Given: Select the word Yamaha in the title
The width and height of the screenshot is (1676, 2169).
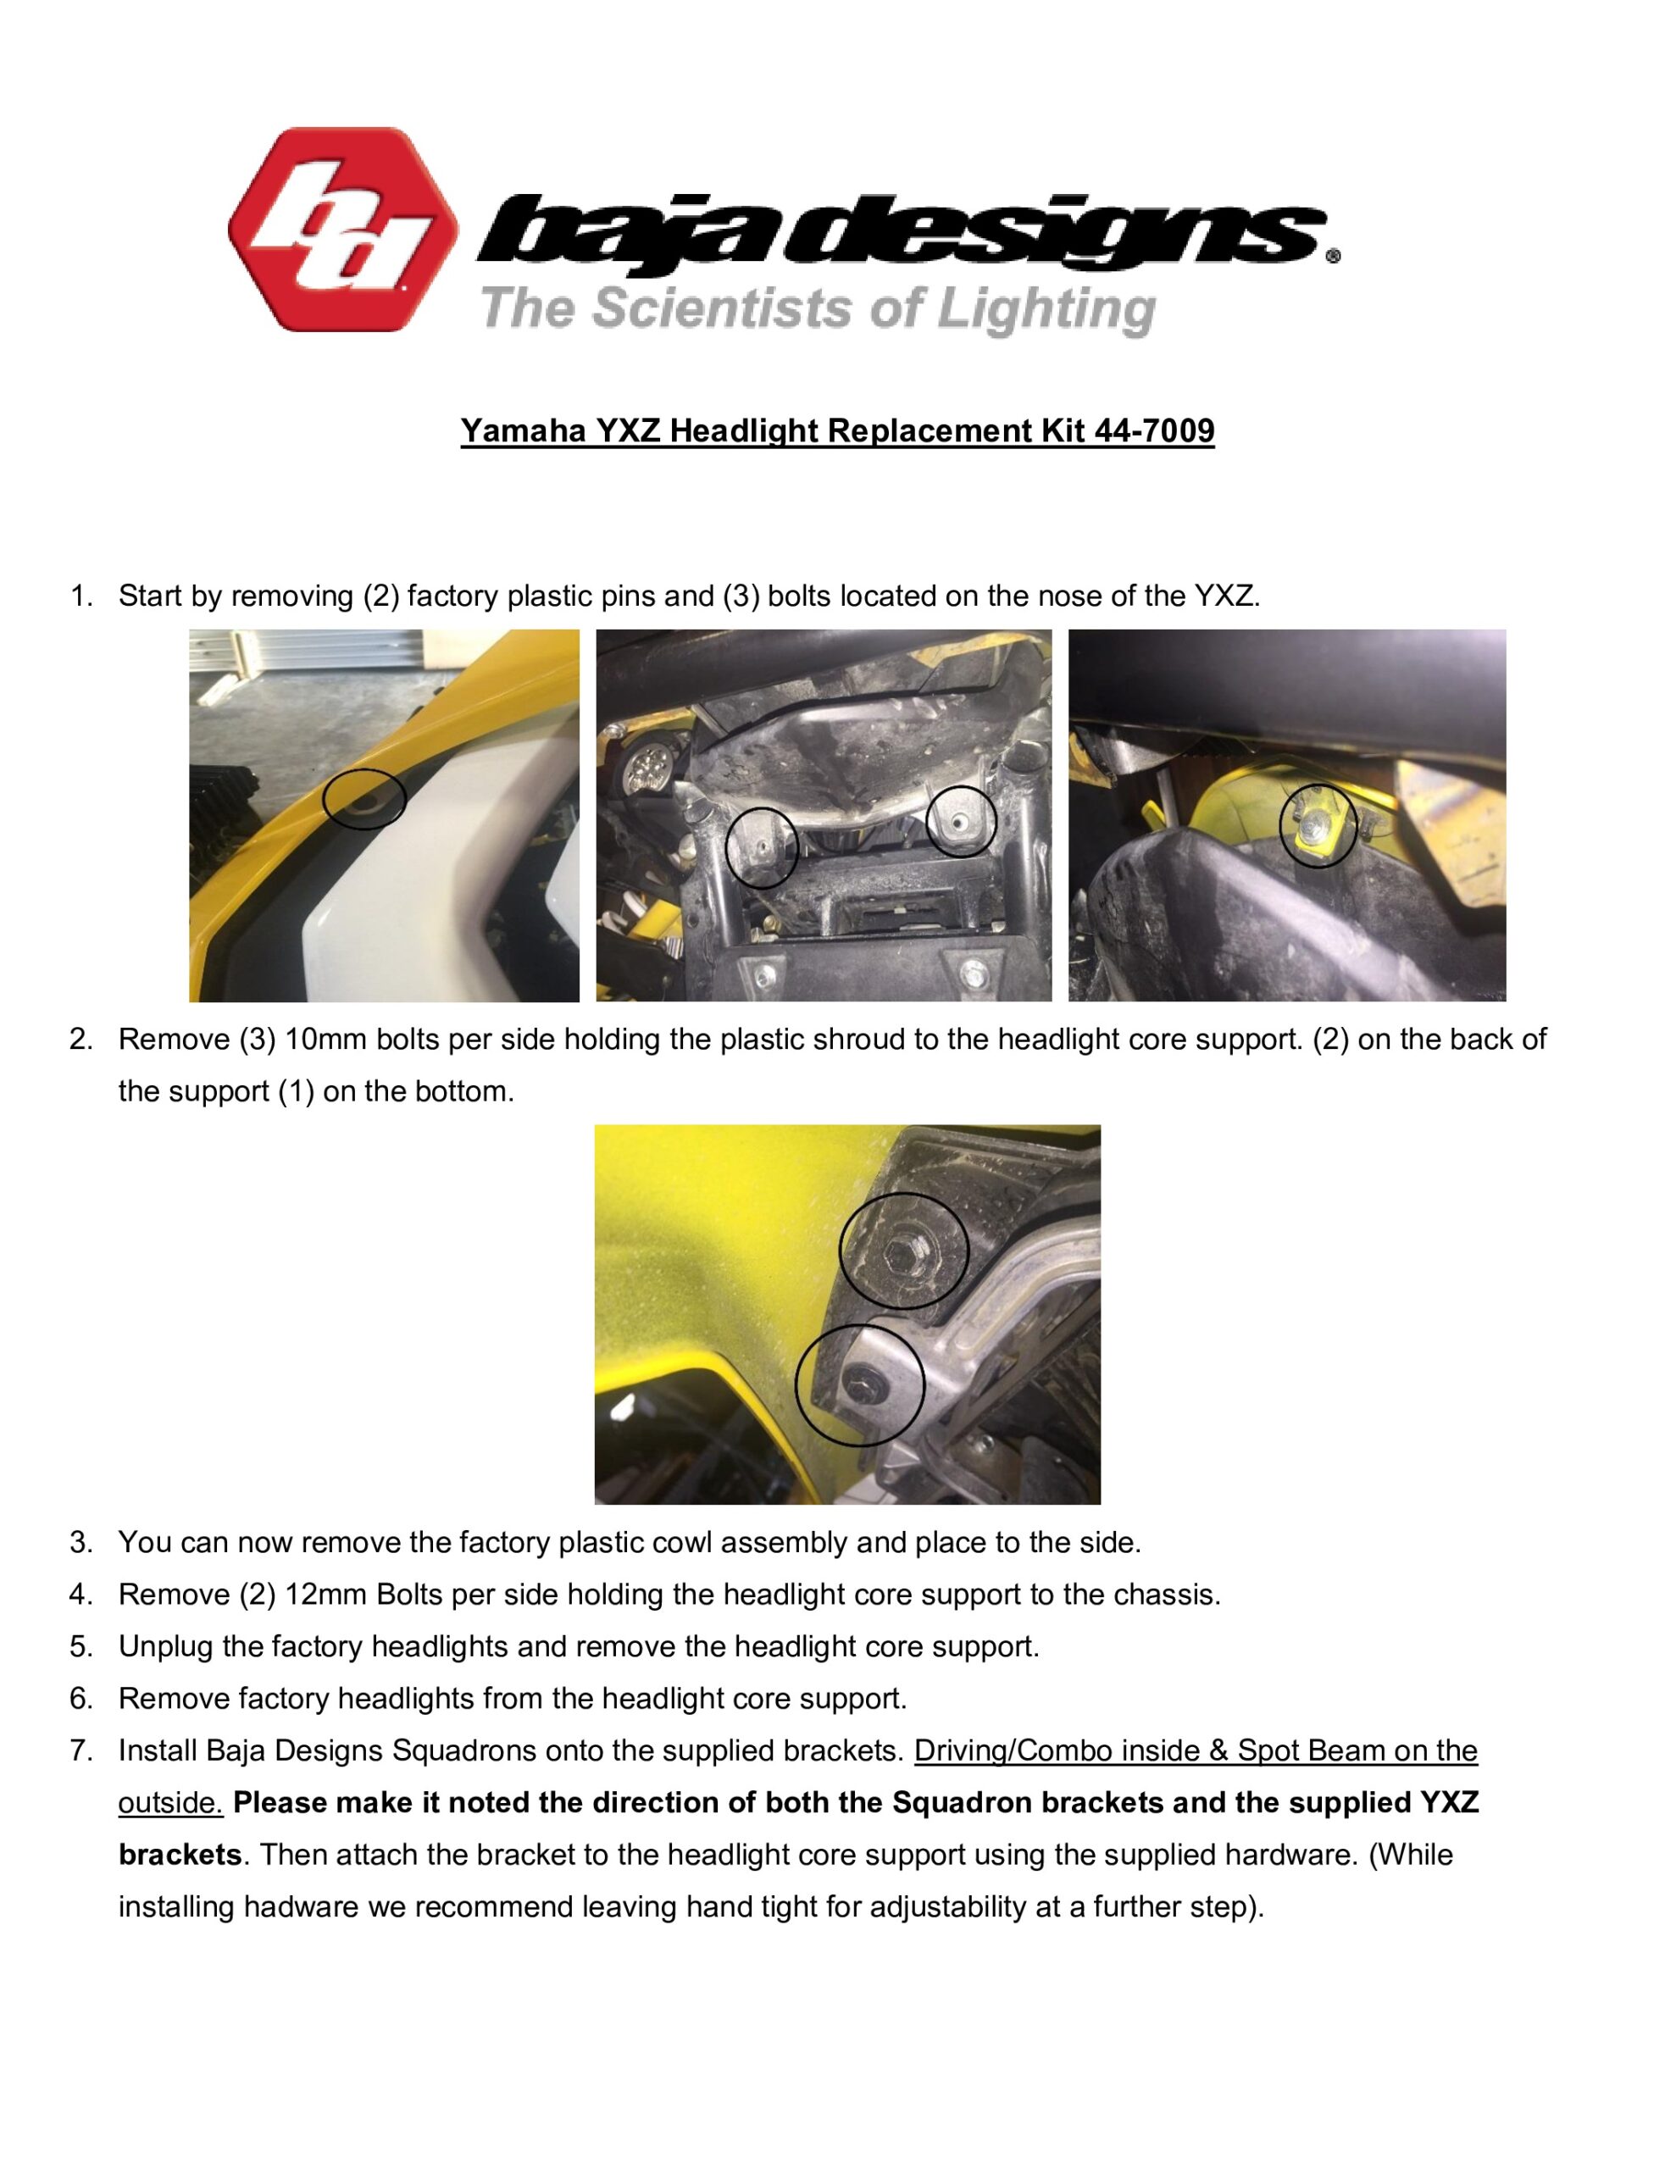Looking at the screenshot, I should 523,431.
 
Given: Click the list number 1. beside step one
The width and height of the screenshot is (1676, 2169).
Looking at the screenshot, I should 81,596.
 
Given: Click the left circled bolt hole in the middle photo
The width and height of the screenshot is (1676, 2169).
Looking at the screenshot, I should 760,846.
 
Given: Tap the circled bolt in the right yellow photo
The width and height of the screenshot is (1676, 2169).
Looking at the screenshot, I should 1317,825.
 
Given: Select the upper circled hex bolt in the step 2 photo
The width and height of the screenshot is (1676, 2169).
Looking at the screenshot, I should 902,1251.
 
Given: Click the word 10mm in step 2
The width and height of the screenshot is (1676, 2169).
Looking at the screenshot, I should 326,1040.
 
